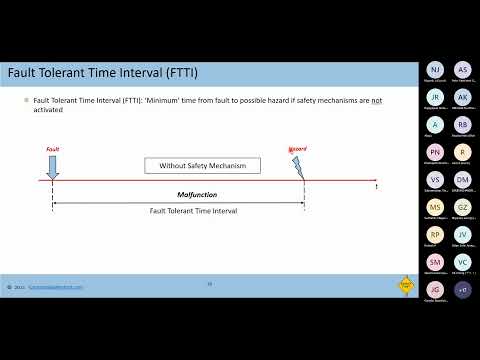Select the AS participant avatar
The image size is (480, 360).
pos(462,69)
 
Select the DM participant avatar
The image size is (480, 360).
pos(462,181)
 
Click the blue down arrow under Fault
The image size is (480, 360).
pos(52,166)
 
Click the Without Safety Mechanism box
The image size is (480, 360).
pos(202,165)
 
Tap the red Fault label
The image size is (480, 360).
pos(53,149)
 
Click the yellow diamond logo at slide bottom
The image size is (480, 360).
pos(406,283)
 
